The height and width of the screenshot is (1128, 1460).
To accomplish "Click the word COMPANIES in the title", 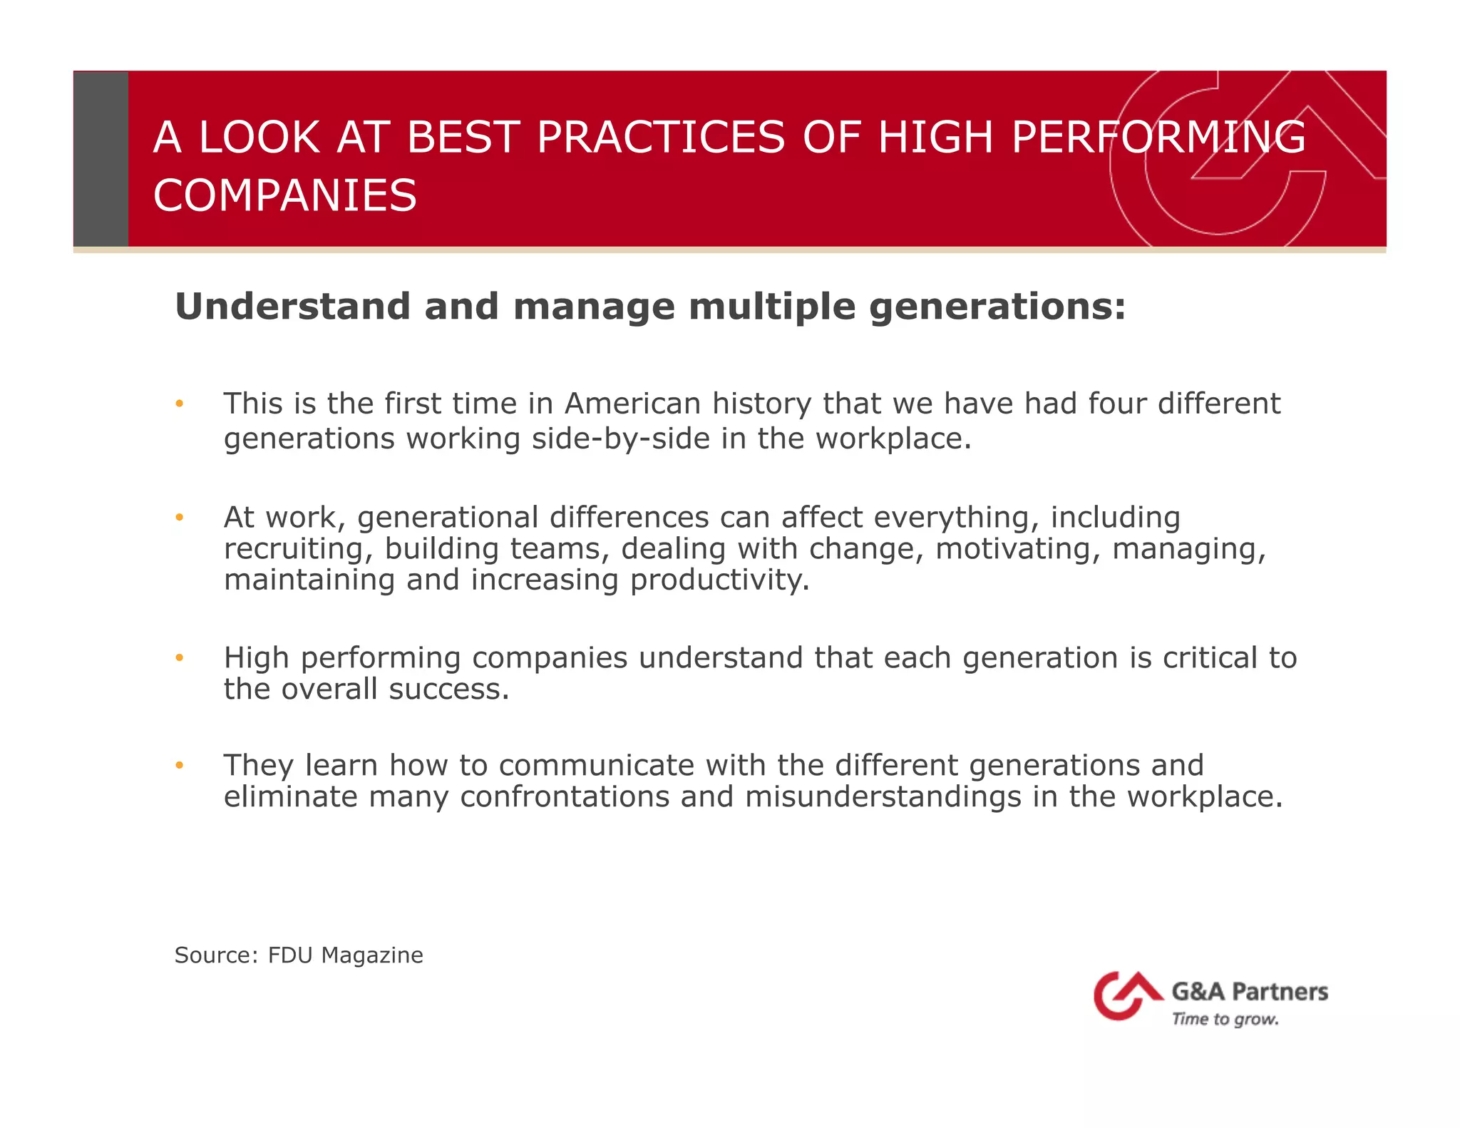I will (284, 196).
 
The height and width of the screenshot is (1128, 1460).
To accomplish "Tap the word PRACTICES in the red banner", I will (660, 137).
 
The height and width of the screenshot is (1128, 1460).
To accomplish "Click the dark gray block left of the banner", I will (101, 158).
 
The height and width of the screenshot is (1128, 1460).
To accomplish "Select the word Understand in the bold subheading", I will (292, 307).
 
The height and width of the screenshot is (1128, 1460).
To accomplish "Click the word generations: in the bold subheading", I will (997, 307).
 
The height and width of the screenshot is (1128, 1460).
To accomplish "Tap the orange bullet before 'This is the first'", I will (180, 404).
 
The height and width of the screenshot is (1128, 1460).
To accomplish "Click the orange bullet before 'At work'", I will (180, 518).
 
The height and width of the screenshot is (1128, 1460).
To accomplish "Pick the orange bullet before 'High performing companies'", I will (180, 658).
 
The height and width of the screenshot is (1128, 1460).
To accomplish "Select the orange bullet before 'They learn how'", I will (180, 766).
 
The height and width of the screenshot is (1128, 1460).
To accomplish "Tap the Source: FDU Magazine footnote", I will (299, 955).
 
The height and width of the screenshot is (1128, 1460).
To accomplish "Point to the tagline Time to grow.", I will (1225, 1020).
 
